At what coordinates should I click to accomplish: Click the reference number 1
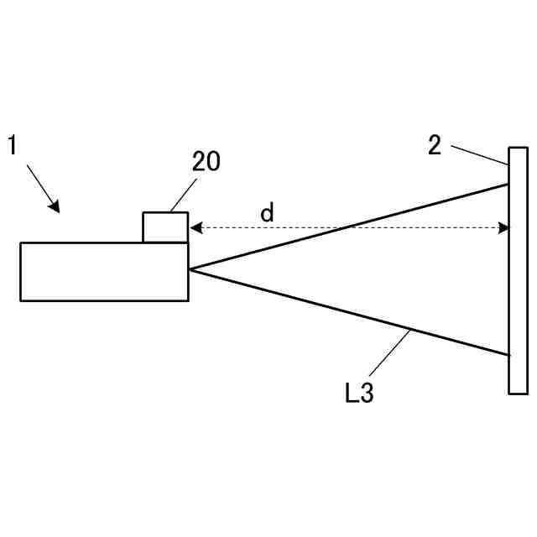pyautogui.click(x=13, y=145)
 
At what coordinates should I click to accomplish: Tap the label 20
pyautogui.click(x=206, y=163)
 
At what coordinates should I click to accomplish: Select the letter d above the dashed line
pyautogui.click(x=267, y=213)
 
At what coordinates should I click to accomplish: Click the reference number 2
pyautogui.click(x=434, y=145)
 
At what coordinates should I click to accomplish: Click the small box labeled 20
pyautogui.click(x=164, y=227)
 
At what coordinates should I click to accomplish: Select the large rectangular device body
pyautogui.click(x=104, y=271)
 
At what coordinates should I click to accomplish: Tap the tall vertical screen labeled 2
pyautogui.click(x=518, y=269)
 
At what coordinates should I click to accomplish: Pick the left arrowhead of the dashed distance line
pyautogui.click(x=194, y=227)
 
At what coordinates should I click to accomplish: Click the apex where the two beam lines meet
pyautogui.click(x=190, y=269)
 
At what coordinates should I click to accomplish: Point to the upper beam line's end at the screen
pyautogui.click(x=508, y=184)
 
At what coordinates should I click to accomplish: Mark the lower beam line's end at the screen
pyautogui.click(x=508, y=355)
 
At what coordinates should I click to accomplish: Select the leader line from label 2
pyautogui.click(x=479, y=155)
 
